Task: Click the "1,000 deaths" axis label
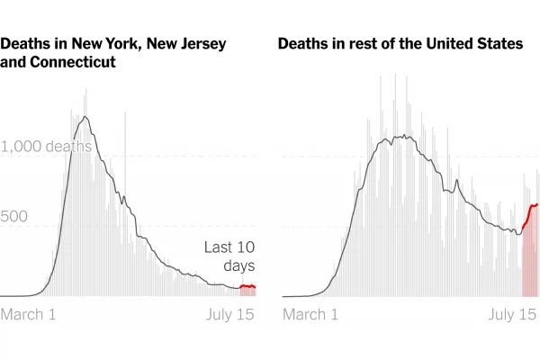(x=47, y=147)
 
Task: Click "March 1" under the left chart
(x=28, y=314)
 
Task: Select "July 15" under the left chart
(x=229, y=314)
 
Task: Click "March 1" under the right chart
(x=310, y=314)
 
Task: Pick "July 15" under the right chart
(x=512, y=314)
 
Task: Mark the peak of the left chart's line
(x=85, y=116)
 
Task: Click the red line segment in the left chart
(x=247, y=286)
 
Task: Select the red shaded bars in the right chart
(x=529, y=261)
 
